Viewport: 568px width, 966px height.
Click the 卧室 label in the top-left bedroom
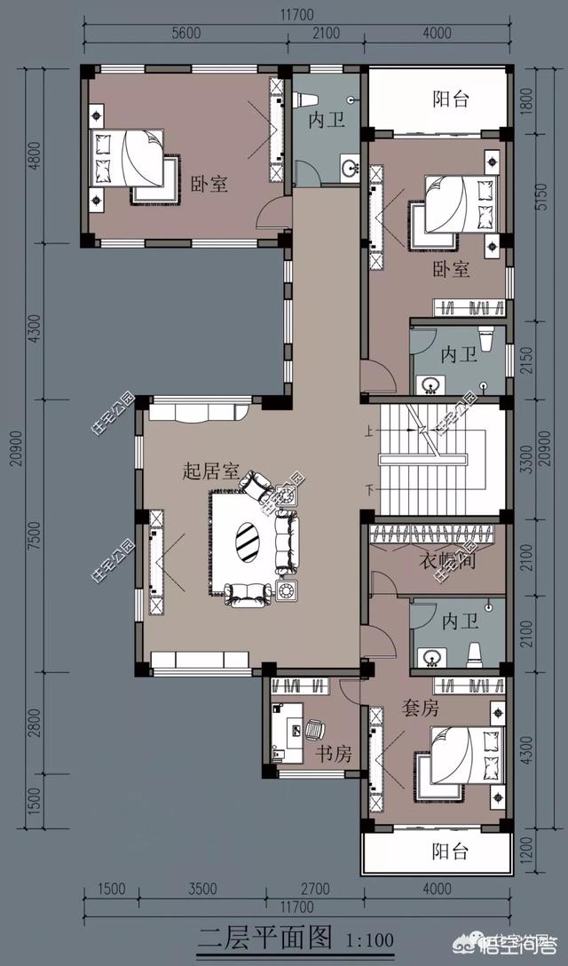[x=209, y=184]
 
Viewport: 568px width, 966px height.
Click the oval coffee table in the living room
[x=247, y=538]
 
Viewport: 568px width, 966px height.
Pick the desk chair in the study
[x=314, y=730]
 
